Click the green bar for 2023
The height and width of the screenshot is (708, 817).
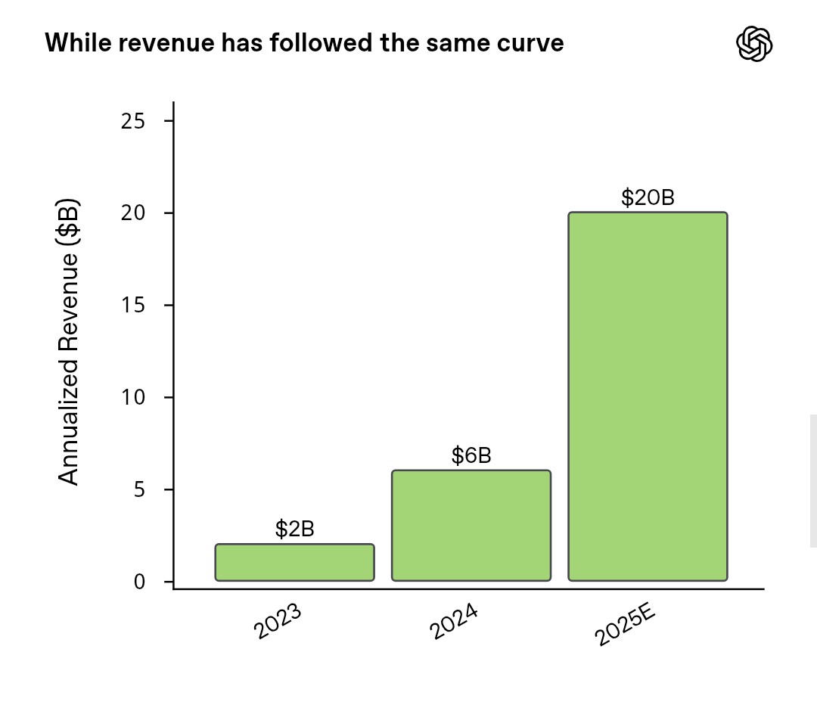pos(294,562)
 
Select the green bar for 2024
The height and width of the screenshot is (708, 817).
pos(471,526)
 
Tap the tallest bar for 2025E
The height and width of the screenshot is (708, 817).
pos(648,396)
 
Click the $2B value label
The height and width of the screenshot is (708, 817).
pos(294,529)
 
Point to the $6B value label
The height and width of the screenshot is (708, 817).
pos(471,455)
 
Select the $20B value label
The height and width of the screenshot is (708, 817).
pos(648,197)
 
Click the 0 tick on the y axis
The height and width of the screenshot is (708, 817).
pos(139,582)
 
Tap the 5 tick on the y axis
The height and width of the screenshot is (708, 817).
pos(139,489)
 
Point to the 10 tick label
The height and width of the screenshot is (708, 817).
pos(133,398)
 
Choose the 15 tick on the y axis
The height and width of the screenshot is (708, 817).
pos(133,306)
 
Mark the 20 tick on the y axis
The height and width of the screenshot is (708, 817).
pos(133,213)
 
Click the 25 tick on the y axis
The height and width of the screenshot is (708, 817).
pos(133,121)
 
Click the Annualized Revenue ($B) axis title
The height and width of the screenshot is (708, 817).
pos(69,343)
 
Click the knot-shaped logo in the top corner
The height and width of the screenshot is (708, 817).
pos(754,44)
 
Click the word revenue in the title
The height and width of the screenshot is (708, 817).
pos(153,43)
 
